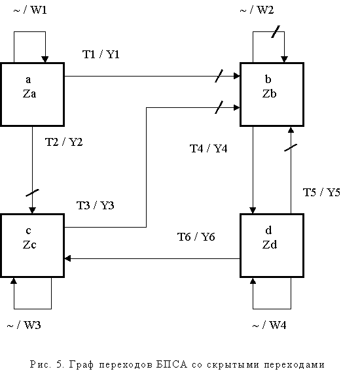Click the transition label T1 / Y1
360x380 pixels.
tap(101, 54)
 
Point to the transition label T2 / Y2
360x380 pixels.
tap(63, 142)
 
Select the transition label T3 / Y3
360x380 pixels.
tap(95, 205)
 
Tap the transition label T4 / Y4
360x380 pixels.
tap(208, 148)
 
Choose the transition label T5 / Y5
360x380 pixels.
tap(321, 192)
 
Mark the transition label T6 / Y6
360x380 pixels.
tap(196, 237)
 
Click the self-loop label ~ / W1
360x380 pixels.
tap(30, 10)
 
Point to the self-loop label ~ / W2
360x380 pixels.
tap(257, 10)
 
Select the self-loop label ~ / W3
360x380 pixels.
tap(24, 325)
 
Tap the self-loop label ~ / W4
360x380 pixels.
tap(269, 325)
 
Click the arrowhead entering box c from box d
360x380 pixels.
tap(67, 258)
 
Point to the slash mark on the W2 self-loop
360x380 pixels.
tap(276, 32)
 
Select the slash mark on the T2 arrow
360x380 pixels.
tap(32, 193)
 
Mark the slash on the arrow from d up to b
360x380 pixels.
tap(291, 148)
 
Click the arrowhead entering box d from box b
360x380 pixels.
tap(253, 211)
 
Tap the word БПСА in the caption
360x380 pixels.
tap(171, 364)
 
